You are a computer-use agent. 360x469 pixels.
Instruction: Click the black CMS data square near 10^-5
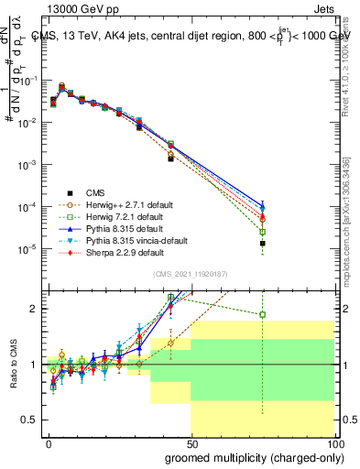[262, 244]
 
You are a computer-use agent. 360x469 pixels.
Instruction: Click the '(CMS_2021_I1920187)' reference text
[190, 274]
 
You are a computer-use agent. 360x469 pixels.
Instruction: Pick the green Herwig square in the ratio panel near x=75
[262, 314]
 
